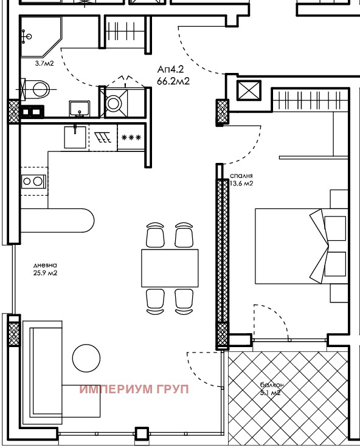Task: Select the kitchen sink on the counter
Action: (75, 137)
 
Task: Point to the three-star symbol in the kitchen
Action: (131, 137)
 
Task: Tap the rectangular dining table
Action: (170, 267)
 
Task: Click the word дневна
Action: (46, 265)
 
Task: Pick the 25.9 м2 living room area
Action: (46, 273)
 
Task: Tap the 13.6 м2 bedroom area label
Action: (241, 183)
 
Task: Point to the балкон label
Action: (272, 385)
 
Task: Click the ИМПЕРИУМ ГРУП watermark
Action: (134, 389)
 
